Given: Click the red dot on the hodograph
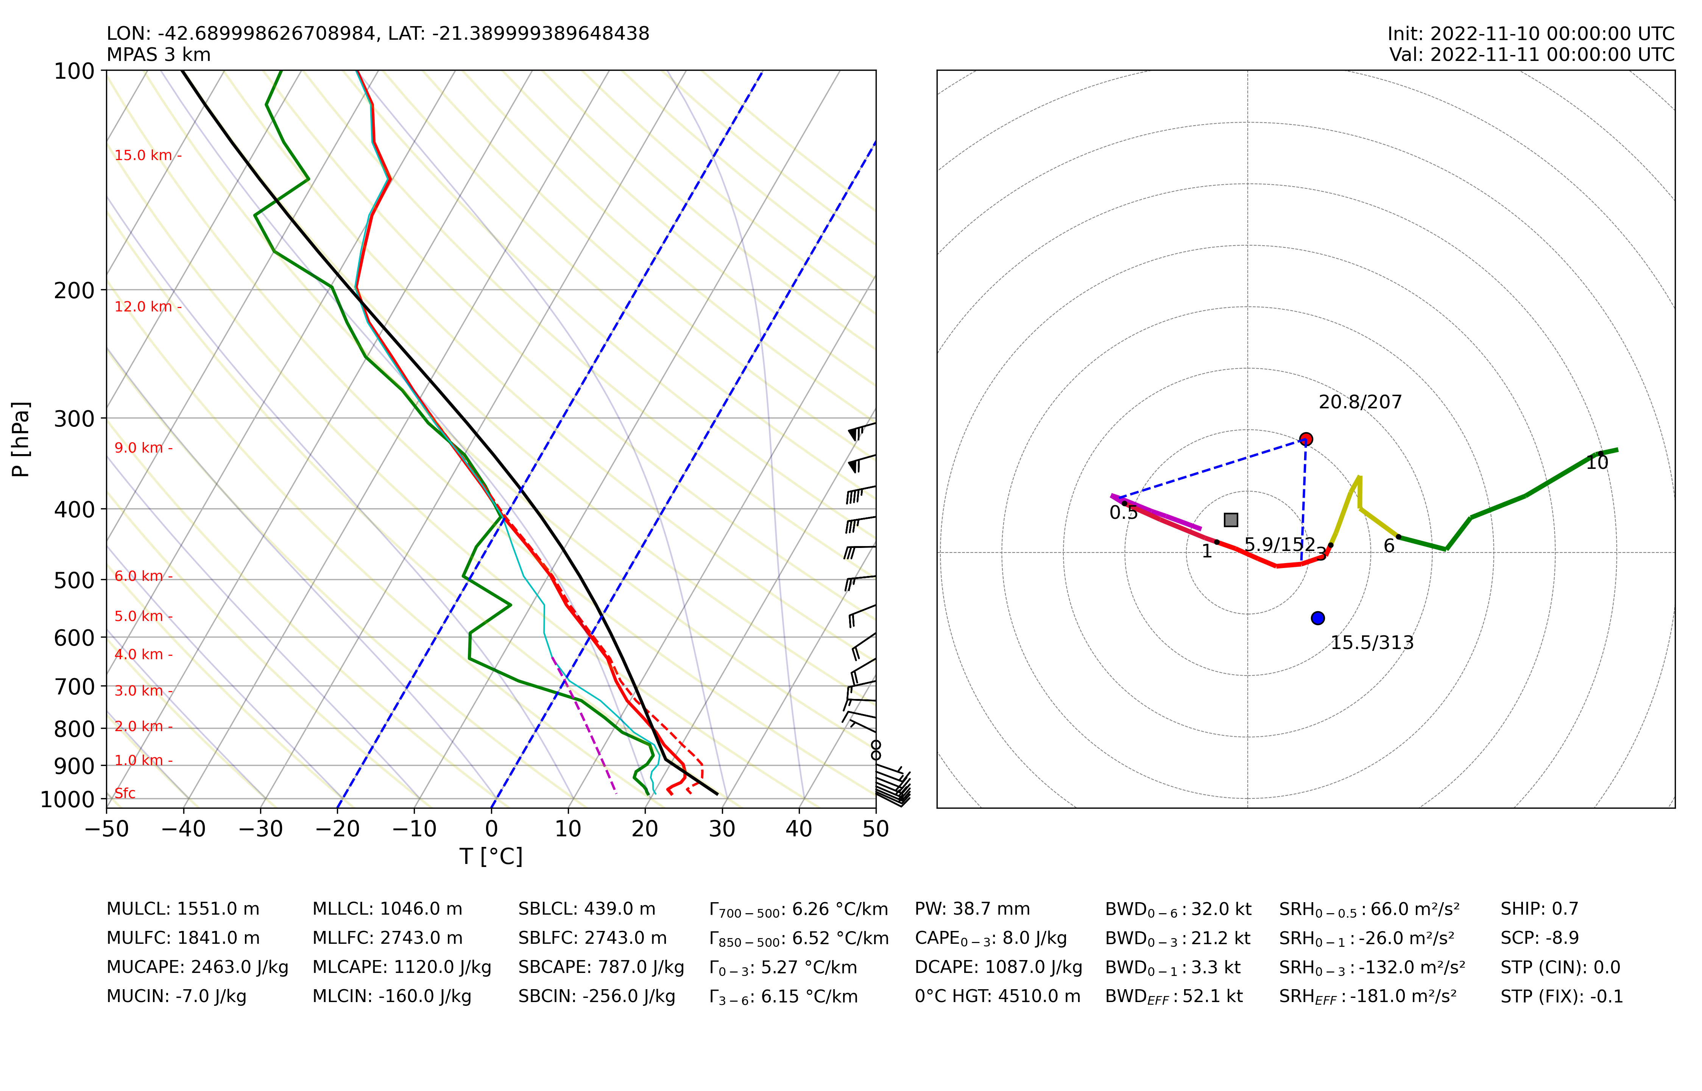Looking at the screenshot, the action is [x=1306, y=439].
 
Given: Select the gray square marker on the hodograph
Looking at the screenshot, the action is [x=1231, y=520].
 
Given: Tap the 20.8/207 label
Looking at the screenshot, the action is [x=1360, y=402].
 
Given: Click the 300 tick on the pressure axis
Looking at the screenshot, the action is [x=75, y=419].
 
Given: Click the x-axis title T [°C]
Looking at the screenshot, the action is [x=491, y=856].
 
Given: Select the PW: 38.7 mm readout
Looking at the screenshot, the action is [x=972, y=909].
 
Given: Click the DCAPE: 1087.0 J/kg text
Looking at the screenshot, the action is [x=998, y=968].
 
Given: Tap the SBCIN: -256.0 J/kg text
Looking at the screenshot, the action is [x=597, y=997].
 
